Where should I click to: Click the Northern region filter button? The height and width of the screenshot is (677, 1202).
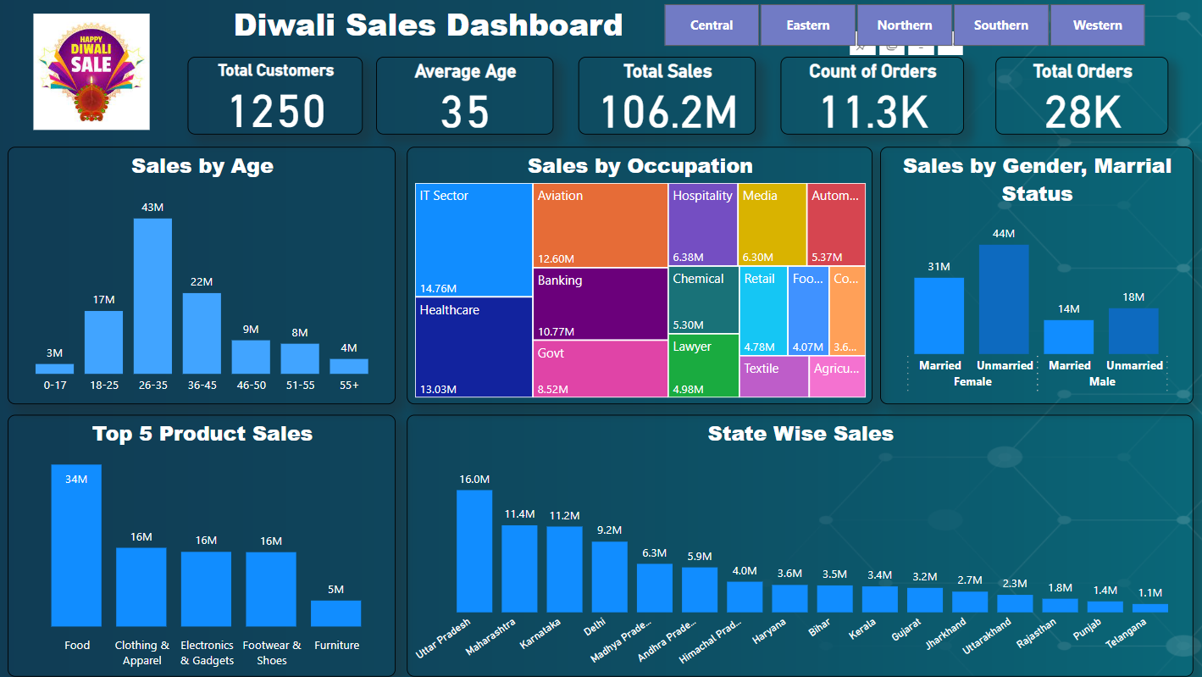(x=905, y=25)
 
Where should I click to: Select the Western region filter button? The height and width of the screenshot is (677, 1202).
(x=1097, y=25)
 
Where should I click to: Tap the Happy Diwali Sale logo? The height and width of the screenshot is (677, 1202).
(x=91, y=72)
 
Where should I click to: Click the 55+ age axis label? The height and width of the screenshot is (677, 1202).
(x=349, y=385)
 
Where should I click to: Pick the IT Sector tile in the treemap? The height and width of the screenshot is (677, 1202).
(x=474, y=240)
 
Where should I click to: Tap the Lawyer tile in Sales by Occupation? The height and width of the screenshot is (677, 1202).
(x=703, y=365)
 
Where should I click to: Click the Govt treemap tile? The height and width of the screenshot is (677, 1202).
(x=601, y=368)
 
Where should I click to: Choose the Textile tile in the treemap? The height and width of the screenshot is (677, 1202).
(x=773, y=376)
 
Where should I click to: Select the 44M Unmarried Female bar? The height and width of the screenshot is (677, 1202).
(x=1004, y=299)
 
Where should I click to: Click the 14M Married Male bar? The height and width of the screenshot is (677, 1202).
(x=1069, y=336)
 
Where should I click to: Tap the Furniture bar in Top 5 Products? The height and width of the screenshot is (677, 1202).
(x=336, y=613)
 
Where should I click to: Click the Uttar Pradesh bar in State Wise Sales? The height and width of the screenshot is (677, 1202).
(x=474, y=551)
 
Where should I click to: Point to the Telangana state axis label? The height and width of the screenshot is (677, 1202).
(x=1127, y=633)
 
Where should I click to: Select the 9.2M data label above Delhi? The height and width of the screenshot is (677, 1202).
(x=610, y=530)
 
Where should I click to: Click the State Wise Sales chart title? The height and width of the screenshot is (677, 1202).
(x=800, y=434)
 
